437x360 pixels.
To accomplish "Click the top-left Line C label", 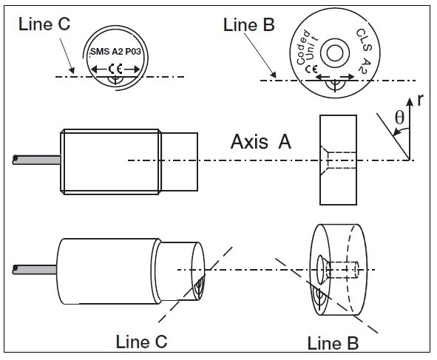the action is pyautogui.click(x=44, y=24).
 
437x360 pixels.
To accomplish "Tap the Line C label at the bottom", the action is pyautogui.click(x=141, y=342).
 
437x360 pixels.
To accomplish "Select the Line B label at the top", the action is pyautogui.click(x=249, y=25).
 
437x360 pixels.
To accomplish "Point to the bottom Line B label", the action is pyautogui.click(x=333, y=343).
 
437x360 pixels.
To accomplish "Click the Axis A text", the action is pyautogui.click(x=261, y=141).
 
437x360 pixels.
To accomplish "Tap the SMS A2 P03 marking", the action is pyautogui.click(x=115, y=52).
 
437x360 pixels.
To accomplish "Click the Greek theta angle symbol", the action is pyautogui.click(x=399, y=117).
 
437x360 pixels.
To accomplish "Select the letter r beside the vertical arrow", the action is pyautogui.click(x=421, y=100).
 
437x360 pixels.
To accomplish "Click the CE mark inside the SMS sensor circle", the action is pyautogui.click(x=115, y=69).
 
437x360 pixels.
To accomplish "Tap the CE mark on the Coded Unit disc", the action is pyautogui.click(x=311, y=69).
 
